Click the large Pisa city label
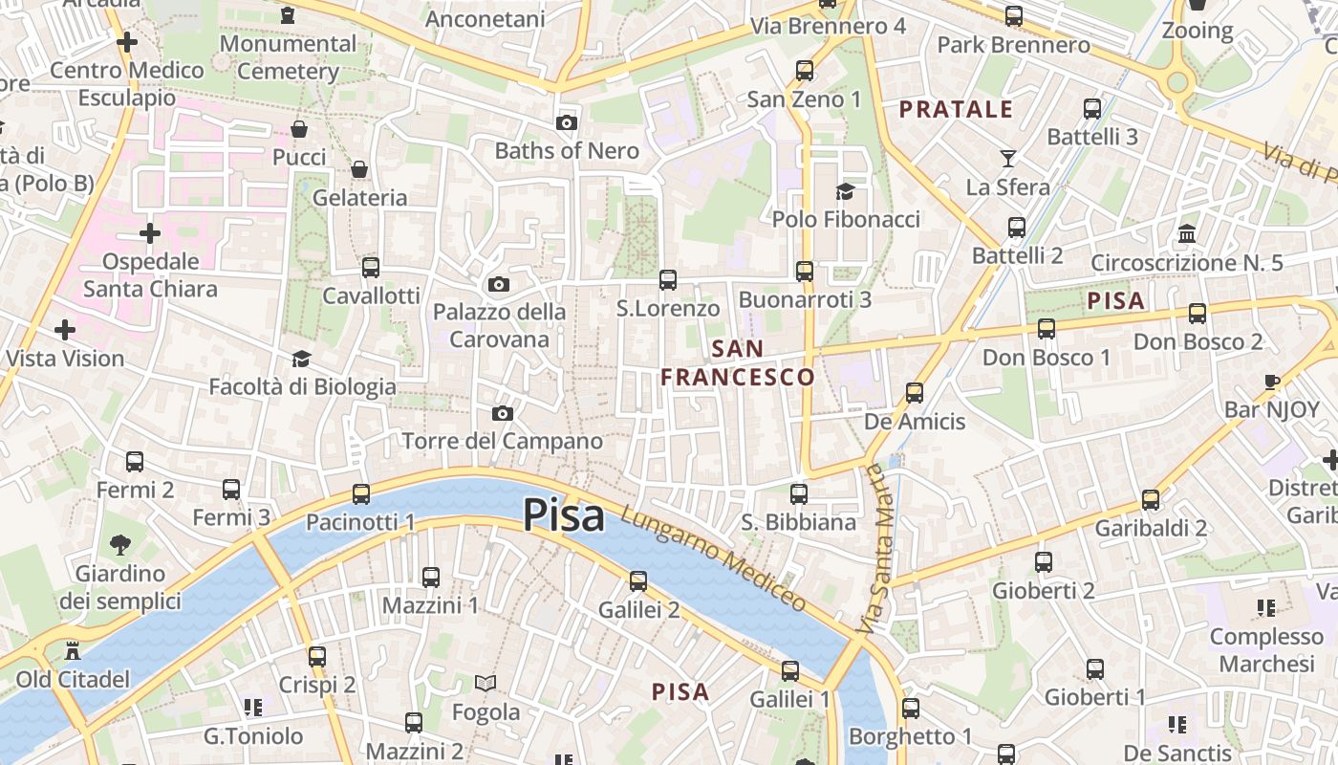pos(564,516)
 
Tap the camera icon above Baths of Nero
pos(567,122)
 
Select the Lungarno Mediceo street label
pos(714,557)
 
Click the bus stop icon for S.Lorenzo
pos(668,280)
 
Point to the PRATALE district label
pos(956,109)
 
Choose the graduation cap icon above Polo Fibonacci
pos(845,191)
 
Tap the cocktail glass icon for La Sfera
pos(1007,159)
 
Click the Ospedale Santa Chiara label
pos(150,275)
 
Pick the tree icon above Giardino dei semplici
pos(120,545)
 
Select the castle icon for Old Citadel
pos(72,651)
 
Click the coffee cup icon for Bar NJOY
pos(1272,382)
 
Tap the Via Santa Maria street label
pos(879,550)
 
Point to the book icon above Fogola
pos(486,683)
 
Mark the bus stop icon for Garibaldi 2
pos(1151,500)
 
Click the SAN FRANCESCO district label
pos(738,362)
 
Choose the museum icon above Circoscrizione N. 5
pos(1187,233)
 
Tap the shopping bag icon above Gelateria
pos(359,169)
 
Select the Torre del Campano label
pos(502,441)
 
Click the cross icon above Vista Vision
pos(65,331)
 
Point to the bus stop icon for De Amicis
pos(915,393)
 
